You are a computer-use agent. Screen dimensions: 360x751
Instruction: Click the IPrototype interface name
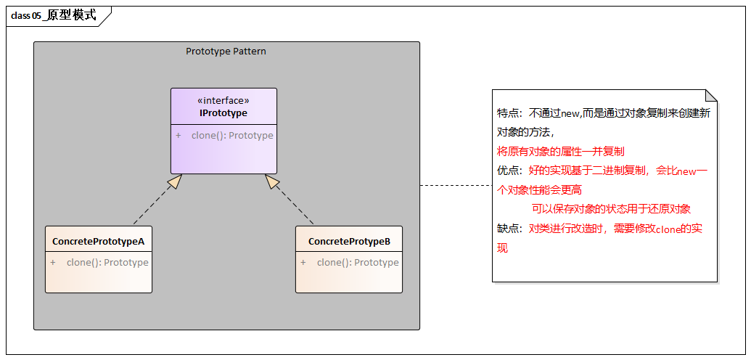coord(223,113)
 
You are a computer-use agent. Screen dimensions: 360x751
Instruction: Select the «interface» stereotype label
coord(223,101)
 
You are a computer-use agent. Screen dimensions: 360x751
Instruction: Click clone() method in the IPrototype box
coord(232,136)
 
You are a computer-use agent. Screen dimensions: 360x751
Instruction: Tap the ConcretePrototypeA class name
coord(99,241)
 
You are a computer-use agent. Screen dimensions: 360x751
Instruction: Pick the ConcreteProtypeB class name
coord(349,241)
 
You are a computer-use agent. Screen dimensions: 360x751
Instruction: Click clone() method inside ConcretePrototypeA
coord(107,263)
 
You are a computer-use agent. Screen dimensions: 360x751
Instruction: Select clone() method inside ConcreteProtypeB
coord(358,263)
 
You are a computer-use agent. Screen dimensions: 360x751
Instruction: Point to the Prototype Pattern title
coord(226,52)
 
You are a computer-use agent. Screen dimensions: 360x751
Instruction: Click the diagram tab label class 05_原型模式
coord(54,15)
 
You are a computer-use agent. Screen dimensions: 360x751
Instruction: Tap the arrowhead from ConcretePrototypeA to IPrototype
coord(173,181)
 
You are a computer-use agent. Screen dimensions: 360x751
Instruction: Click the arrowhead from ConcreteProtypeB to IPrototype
coord(272,181)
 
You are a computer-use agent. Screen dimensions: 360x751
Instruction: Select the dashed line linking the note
coord(456,185)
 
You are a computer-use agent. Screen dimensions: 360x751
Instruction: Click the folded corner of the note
coord(711,95)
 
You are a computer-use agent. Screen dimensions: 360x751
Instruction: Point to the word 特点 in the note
coord(509,113)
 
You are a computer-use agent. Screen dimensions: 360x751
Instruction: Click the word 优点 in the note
coord(509,171)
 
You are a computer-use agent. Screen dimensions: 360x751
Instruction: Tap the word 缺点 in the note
coord(509,229)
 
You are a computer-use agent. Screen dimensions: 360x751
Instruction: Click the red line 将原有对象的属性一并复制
coord(560,152)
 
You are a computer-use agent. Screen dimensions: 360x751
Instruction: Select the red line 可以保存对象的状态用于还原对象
coord(611,209)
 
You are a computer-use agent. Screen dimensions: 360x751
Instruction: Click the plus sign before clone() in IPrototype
coord(178,136)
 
